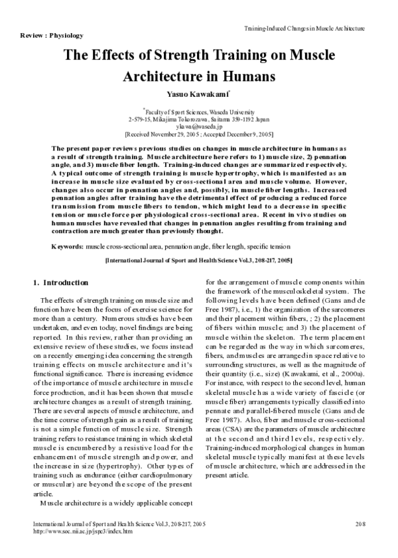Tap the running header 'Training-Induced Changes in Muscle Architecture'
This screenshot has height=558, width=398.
coord(304,29)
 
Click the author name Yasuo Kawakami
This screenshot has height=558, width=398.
coord(198,95)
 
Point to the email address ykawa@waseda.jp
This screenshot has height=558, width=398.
coord(199,125)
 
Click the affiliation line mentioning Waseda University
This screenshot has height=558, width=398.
coord(199,113)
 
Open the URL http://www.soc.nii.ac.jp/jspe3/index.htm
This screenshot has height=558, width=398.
coord(82,531)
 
